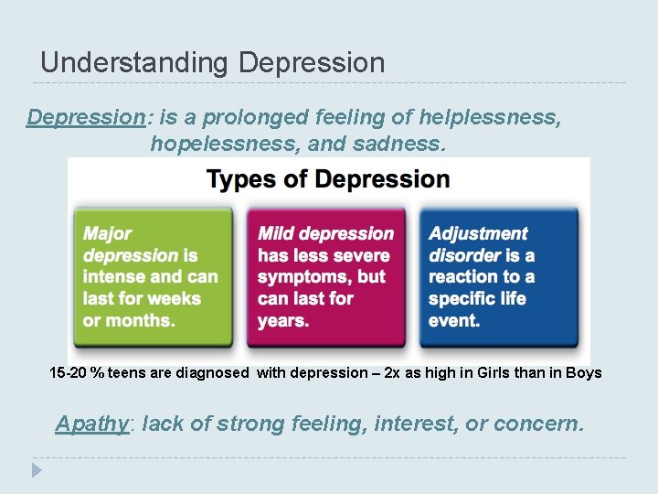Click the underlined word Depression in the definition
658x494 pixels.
(x=85, y=117)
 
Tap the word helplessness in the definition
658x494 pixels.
(x=489, y=117)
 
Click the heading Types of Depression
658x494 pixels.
(x=328, y=178)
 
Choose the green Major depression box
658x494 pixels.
(x=152, y=278)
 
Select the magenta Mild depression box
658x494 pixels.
(x=327, y=278)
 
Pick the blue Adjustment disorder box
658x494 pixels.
(x=498, y=278)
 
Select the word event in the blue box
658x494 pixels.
(x=454, y=320)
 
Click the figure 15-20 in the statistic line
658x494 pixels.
(x=66, y=373)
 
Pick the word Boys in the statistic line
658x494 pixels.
(x=584, y=373)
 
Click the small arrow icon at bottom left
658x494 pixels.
(x=36, y=471)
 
